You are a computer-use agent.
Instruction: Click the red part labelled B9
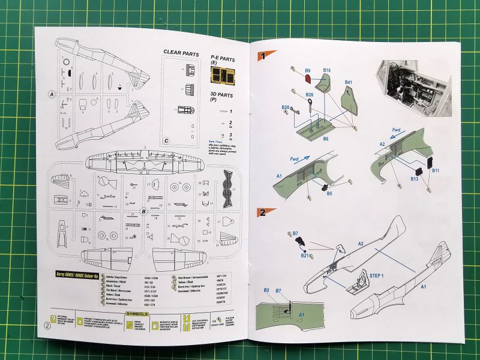[307, 77]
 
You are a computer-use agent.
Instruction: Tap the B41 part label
[349, 82]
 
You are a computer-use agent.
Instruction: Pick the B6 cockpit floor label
[325, 139]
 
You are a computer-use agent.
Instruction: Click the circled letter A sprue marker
[52, 94]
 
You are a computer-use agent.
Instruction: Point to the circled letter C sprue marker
[165, 141]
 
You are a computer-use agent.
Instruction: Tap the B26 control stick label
[310, 94]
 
